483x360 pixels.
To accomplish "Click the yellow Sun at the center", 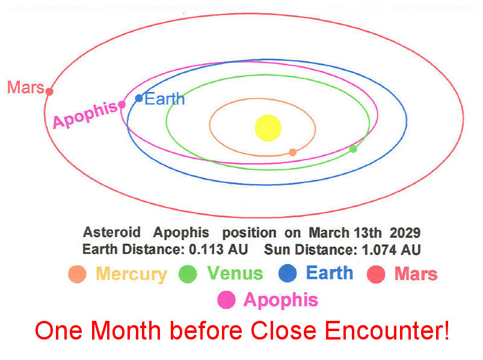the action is (268, 128).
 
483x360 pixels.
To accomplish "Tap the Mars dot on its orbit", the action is (49, 92).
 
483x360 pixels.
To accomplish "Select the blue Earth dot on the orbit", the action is (139, 98).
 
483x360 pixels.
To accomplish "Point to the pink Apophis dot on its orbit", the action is (122, 104).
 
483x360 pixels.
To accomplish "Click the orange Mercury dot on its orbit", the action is (293, 152).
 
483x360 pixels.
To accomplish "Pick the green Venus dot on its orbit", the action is (353, 149).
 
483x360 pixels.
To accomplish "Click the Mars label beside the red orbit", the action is (26, 87).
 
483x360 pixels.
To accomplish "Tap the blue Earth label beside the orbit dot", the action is (164, 99).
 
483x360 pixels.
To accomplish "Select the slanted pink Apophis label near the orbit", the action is (85, 114).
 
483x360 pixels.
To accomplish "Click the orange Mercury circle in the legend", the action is (77, 274).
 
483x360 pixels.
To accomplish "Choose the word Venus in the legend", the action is (235, 273).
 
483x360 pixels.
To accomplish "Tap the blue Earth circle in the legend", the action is (288, 273).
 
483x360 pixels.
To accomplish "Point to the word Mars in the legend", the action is (416, 274).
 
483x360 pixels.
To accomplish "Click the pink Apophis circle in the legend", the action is (226, 300).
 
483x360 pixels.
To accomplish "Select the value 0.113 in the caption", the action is (205, 249).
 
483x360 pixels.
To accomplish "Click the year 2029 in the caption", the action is (405, 233).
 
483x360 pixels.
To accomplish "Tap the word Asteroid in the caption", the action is (112, 232).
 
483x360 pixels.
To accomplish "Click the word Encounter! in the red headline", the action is (387, 331).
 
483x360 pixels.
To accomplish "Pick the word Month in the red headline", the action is (126, 331).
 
